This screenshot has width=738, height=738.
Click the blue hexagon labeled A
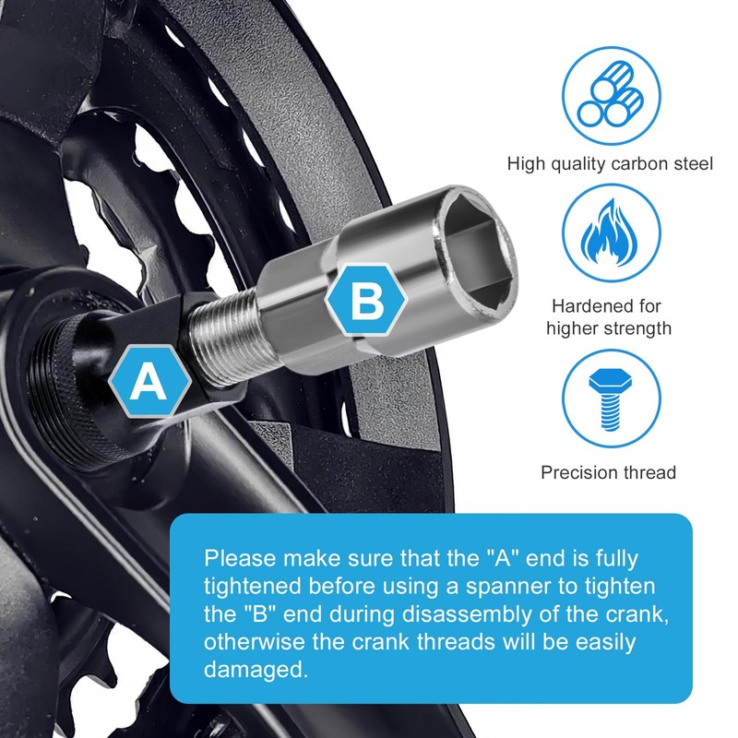(149, 381)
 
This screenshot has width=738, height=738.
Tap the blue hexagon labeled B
(367, 300)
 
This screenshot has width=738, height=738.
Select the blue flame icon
(611, 233)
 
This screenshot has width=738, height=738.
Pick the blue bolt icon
(611, 399)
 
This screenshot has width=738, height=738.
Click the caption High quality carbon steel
(610, 164)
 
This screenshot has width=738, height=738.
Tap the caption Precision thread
(608, 472)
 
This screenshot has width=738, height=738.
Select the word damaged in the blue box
(256, 669)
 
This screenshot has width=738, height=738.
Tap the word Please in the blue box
(240, 559)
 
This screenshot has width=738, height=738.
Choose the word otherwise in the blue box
(255, 642)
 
